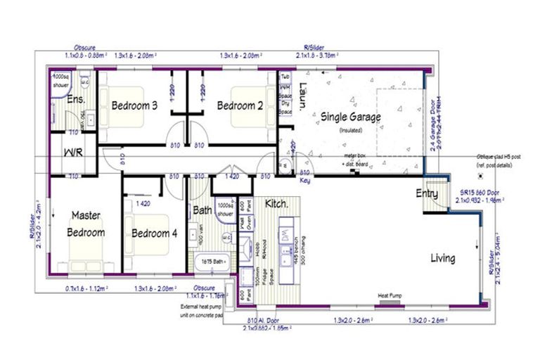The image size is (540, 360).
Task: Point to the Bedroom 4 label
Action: point(154,233)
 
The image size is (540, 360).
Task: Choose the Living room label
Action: point(442,258)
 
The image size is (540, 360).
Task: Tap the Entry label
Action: point(427,193)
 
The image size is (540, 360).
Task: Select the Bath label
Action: point(202,210)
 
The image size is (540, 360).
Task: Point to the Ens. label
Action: point(75,100)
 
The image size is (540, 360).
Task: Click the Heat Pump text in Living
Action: point(391,296)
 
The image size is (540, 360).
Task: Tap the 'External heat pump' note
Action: point(202,307)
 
